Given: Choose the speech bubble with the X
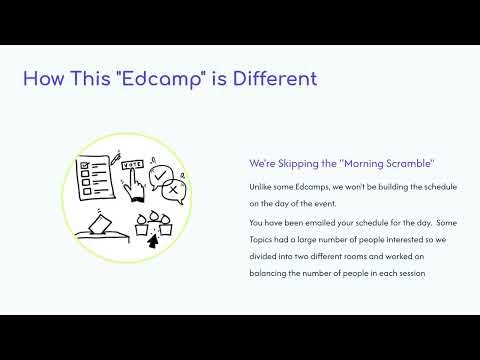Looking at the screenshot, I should tap(172, 190).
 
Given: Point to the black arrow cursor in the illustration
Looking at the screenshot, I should tap(152, 240).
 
